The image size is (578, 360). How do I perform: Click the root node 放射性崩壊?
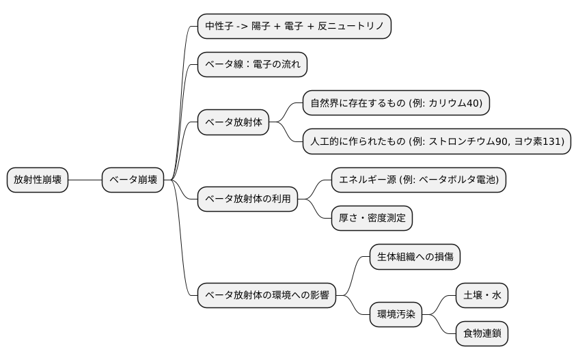tap(38, 180)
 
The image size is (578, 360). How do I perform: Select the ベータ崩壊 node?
tap(133, 180)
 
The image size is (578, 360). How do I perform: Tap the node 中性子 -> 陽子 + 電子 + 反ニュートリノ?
tap(294, 27)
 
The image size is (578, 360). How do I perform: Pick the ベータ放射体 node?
tap(234, 123)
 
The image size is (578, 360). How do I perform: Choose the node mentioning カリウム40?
tap(396, 103)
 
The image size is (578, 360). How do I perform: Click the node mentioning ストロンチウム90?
tap(437, 142)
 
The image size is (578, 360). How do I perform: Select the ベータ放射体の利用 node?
tap(248, 199)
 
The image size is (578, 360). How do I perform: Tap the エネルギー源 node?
tap(419, 180)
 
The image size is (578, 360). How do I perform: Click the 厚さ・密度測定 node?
tap(372, 219)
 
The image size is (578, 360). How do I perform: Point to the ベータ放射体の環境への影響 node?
tap(267, 296)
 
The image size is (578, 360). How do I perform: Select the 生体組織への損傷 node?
tap(415, 257)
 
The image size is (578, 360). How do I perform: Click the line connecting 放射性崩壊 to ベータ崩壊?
tap(85, 180)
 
